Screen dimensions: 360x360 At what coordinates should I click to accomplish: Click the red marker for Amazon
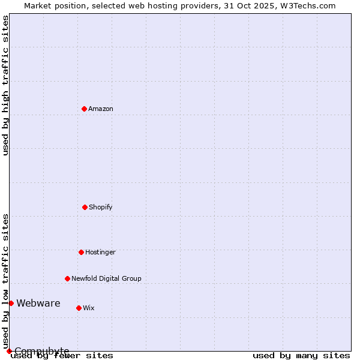(85, 109)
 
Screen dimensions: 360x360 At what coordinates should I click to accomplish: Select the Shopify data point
(85, 207)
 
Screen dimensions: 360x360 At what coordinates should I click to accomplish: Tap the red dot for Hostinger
(81, 252)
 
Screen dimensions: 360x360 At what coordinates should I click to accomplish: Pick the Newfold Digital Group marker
(67, 278)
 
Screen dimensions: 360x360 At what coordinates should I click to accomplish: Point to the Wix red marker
(79, 308)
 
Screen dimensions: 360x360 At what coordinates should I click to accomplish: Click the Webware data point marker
(11, 303)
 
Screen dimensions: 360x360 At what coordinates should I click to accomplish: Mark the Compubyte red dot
(9, 351)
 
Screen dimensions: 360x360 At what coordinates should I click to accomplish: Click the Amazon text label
(101, 109)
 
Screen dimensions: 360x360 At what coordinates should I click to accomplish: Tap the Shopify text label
(101, 207)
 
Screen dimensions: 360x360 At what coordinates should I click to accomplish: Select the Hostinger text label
(100, 252)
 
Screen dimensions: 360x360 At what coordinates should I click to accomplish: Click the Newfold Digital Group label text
(106, 278)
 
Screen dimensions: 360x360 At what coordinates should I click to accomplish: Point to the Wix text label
(89, 308)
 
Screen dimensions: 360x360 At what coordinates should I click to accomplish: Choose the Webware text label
(38, 303)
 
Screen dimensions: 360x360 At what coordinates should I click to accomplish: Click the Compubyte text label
(42, 351)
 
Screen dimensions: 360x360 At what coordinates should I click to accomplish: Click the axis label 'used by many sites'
(301, 356)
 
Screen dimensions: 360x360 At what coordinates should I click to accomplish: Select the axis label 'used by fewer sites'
(62, 356)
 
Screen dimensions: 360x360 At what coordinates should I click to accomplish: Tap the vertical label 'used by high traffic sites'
(5, 86)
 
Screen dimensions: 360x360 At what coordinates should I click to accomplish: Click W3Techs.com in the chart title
(308, 5)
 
